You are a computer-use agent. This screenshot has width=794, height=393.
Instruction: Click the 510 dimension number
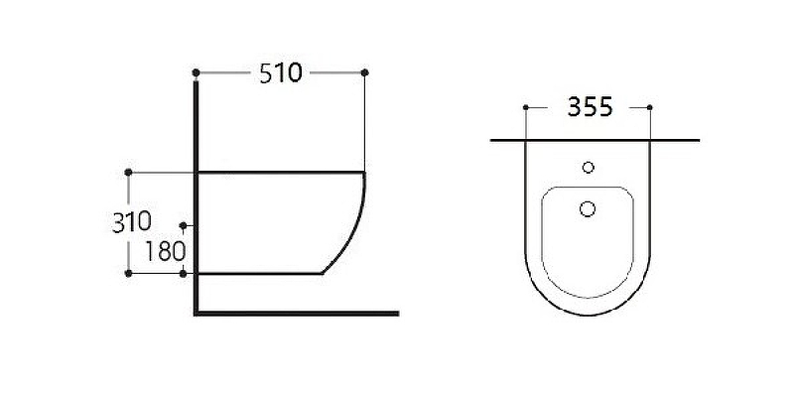280,74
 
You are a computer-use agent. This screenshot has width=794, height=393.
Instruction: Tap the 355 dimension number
586,107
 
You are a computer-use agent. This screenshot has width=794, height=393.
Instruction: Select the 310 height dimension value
131,221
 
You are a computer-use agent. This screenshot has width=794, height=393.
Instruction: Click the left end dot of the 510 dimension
197,72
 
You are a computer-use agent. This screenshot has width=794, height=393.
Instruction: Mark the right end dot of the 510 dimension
365,72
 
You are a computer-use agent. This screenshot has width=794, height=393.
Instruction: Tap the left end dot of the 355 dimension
524,106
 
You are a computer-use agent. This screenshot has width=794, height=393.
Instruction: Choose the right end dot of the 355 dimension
649,106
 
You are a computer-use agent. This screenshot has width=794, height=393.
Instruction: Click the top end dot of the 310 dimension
128,172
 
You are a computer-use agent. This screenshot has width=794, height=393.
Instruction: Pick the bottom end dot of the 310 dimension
128,273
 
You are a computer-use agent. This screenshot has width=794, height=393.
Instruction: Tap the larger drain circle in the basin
587,208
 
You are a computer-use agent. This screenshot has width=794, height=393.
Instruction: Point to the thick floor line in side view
298,313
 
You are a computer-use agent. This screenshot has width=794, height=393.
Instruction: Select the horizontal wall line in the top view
595,140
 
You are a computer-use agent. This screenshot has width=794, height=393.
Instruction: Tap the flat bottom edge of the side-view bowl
263,272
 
